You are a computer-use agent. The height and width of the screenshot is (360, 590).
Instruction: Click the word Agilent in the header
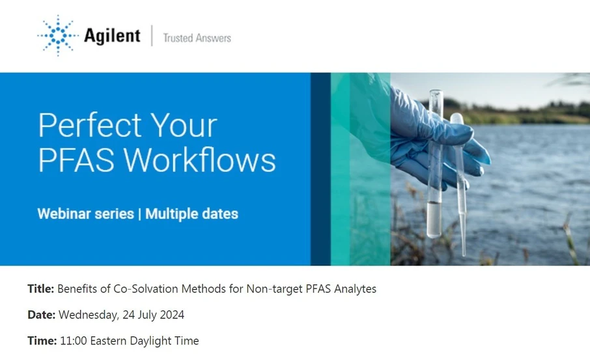click(111, 36)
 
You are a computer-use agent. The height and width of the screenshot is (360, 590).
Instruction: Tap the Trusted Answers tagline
click(197, 38)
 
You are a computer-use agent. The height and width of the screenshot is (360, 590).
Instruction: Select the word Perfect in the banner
click(89, 126)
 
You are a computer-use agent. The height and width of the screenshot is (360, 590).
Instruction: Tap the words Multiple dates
click(191, 214)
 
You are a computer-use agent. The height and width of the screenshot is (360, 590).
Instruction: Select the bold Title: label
click(41, 289)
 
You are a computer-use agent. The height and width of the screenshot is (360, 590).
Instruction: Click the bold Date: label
click(42, 315)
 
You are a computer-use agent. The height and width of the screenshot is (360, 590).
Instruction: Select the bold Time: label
click(42, 341)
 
